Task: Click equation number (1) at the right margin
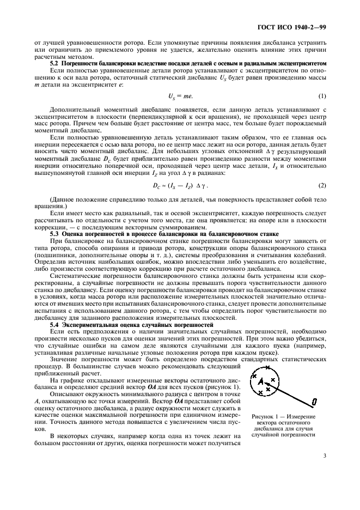pos(322,96)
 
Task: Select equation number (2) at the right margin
pos(322,185)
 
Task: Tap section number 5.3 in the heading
pos(54,233)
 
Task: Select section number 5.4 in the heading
pos(54,325)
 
